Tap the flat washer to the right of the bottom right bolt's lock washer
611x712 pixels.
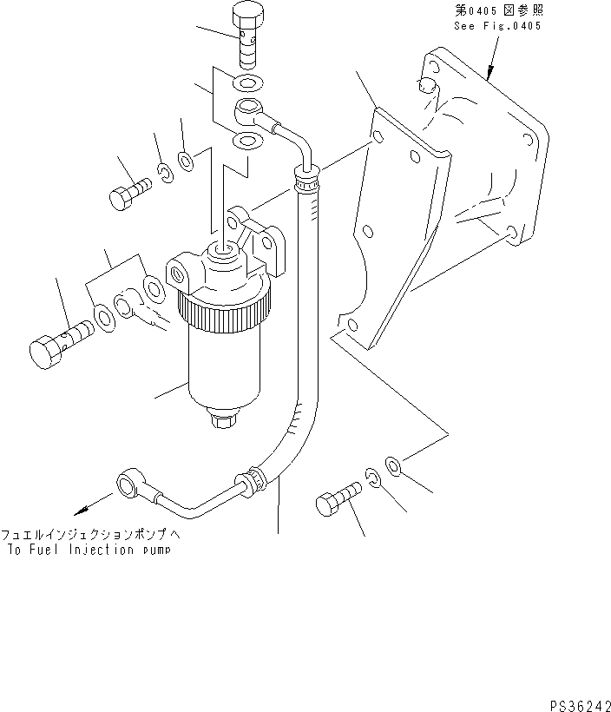[x=392, y=467]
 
